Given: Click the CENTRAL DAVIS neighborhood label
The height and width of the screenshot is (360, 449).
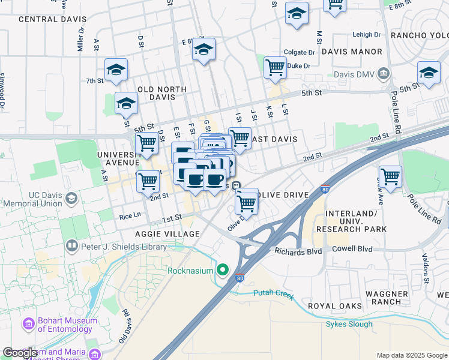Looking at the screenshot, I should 53,19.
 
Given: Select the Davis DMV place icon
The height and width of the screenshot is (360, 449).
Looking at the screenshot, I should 384,74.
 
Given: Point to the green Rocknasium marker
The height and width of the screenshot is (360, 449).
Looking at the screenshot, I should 223,271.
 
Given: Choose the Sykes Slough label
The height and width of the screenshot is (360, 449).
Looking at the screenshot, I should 349,325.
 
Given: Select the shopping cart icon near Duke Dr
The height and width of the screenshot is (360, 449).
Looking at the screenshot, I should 275,68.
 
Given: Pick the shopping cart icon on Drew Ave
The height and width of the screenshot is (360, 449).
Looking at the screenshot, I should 390,177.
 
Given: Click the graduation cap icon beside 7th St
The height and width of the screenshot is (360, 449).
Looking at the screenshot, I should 116,70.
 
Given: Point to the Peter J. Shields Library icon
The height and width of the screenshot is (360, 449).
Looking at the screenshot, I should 71,246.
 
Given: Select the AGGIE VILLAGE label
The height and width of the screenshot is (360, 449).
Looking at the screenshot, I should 167,233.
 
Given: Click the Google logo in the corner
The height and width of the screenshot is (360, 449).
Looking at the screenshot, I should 20,353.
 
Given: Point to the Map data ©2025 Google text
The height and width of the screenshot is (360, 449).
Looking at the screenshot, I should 411,355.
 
